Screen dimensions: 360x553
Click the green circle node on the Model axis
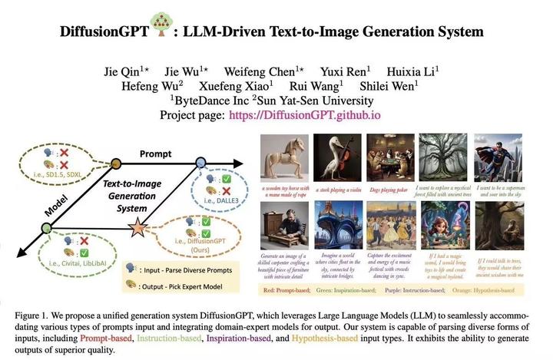[x=45, y=228]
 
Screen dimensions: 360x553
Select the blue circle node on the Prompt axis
[x=201, y=161]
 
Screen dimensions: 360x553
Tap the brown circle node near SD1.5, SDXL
[x=116, y=163]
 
